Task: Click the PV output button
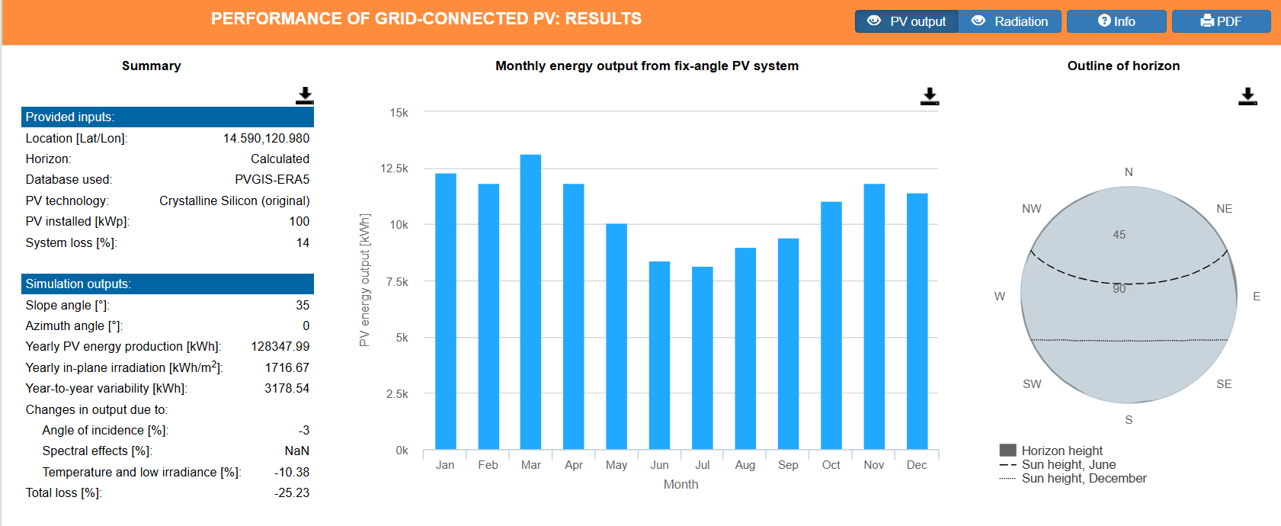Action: coord(906,21)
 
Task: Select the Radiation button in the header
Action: coord(1010,21)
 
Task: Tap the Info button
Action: coord(1116,21)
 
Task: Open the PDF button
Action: coord(1221,21)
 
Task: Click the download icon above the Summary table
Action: coord(305,95)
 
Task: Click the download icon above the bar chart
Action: coord(930,96)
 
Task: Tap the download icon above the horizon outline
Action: coord(1247,96)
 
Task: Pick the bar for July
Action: coord(702,358)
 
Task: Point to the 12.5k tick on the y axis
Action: coord(394,168)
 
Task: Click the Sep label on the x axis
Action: coord(788,465)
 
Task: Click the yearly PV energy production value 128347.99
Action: coord(280,347)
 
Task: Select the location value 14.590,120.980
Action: coord(266,138)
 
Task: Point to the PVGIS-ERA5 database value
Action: coord(272,180)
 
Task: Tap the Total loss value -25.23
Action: coord(292,493)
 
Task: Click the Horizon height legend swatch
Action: coord(1007,451)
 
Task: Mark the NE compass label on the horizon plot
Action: coord(1224,209)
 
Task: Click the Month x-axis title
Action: coord(681,485)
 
